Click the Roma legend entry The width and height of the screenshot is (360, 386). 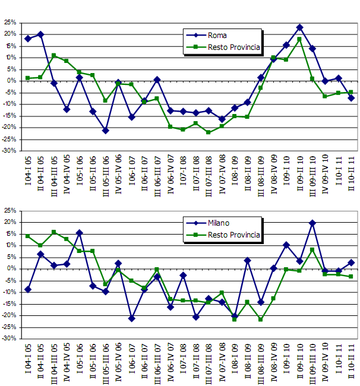click(216, 36)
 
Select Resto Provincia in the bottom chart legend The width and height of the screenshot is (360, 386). click(233, 235)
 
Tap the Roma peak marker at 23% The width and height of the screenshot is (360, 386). click(299, 27)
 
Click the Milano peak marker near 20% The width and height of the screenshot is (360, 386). click(312, 223)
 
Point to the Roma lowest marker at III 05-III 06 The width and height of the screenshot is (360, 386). click(105, 130)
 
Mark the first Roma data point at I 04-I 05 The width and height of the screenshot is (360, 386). click(27, 39)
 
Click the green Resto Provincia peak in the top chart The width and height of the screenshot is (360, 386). click(299, 39)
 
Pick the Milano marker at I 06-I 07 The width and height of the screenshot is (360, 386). click(131, 318)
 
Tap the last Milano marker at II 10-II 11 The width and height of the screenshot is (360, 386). click(351, 262)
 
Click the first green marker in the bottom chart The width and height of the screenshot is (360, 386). click(27, 236)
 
